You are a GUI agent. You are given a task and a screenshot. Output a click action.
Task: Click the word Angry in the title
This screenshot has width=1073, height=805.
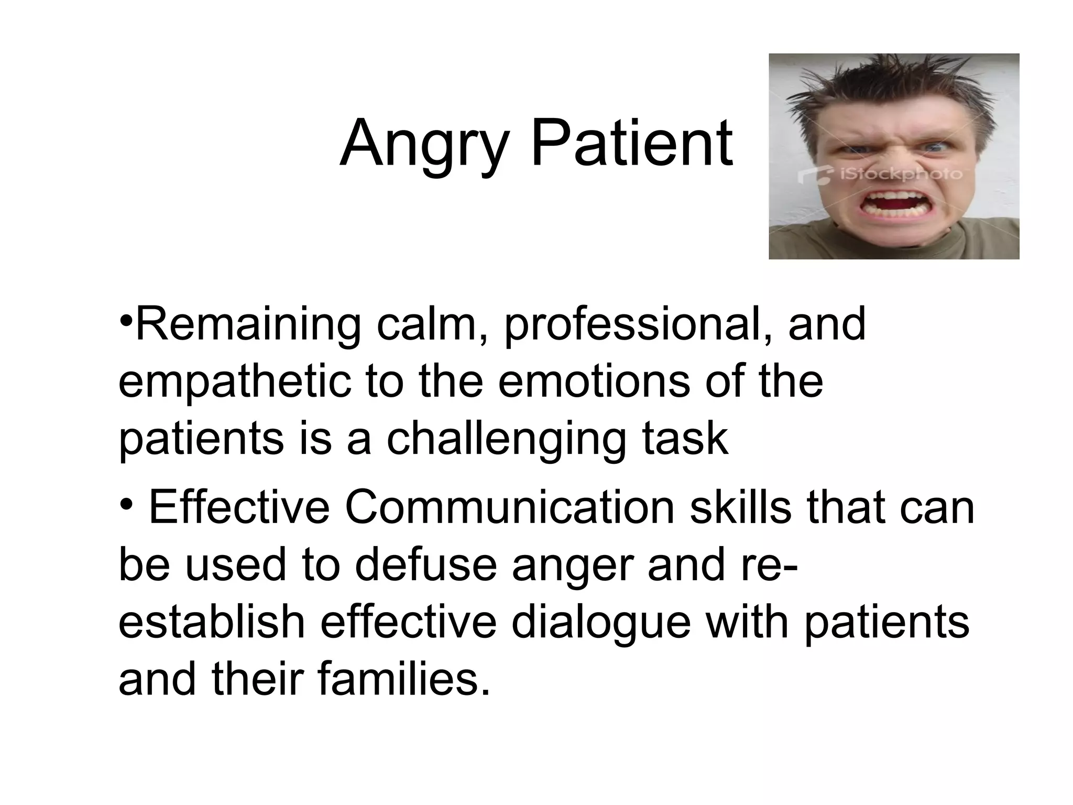click(424, 144)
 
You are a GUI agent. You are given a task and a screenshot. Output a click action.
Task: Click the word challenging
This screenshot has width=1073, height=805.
click(506, 439)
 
